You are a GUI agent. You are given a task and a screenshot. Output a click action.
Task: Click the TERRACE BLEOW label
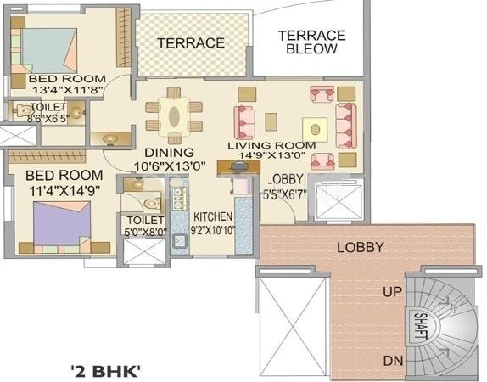312,42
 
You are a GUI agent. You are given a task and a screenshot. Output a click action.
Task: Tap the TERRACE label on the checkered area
190,42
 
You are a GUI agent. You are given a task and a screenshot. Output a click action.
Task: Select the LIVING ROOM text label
277,145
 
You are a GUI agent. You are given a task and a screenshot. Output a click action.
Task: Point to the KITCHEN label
212,216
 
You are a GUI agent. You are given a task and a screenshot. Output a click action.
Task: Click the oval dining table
174,114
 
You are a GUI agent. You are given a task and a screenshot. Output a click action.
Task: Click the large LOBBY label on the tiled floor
361,248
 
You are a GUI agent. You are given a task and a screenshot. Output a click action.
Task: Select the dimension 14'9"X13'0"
277,157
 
